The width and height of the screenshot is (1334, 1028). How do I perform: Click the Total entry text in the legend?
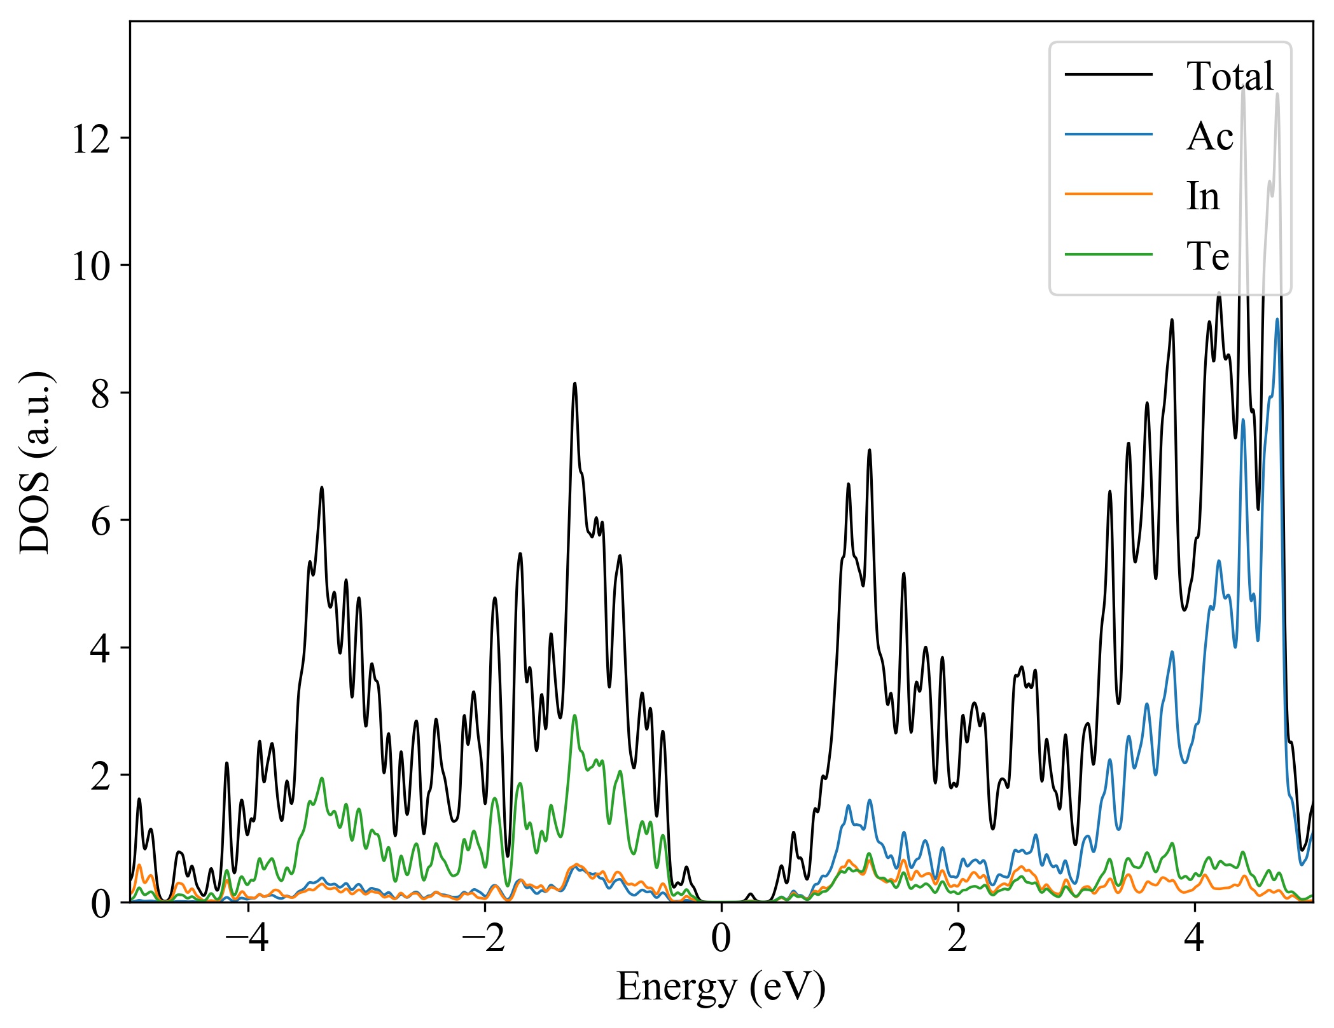[1230, 76]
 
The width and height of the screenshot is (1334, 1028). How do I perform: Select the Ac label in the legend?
[1209, 136]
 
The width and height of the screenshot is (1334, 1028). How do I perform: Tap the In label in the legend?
[1202, 196]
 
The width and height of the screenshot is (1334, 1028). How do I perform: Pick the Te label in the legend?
[1207, 256]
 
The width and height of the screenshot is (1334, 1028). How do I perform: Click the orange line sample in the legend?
[1109, 194]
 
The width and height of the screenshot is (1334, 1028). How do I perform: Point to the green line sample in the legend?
[1109, 254]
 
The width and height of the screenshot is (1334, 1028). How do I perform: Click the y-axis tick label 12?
[92, 139]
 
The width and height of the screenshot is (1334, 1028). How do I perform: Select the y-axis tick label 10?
[92, 266]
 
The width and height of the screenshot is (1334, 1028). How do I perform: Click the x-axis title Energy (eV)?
[721, 987]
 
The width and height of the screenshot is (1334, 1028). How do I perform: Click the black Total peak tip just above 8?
[574, 383]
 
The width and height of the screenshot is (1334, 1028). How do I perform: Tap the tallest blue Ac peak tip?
[1277, 319]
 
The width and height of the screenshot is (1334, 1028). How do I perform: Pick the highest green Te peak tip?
[574, 715]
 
